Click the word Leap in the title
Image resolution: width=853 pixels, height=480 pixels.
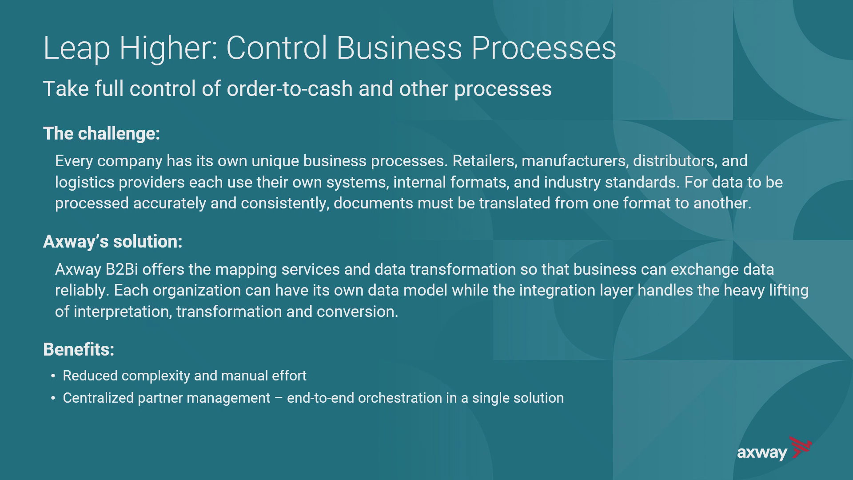pos(76,48)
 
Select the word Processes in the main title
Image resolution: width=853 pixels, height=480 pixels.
pos(543,48)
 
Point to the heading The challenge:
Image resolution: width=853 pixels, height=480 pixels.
pos(101,133)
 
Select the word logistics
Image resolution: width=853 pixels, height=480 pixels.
pos(84,182)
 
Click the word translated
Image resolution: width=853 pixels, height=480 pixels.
pos(514,203)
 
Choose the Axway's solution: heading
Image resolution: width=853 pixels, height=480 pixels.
pos(113,241)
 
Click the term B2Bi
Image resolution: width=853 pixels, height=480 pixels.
pos(121,269)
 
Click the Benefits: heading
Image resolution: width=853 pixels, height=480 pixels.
pos(79,349)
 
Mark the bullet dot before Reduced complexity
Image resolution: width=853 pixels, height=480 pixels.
pos(53,376)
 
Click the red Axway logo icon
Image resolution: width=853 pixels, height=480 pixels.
pos(800,447)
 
